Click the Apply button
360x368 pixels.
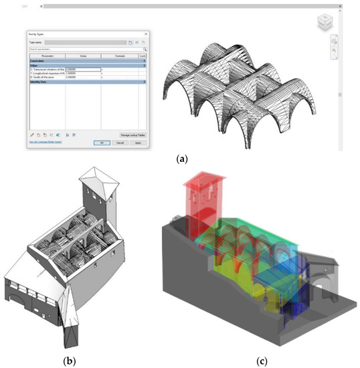(x=138, y=143)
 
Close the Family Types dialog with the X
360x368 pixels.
(x=145, y=33)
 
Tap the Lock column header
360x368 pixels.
(x=143, y=56)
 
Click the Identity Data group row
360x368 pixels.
(x=40, y=81)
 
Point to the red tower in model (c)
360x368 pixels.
(x=201, y=201)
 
